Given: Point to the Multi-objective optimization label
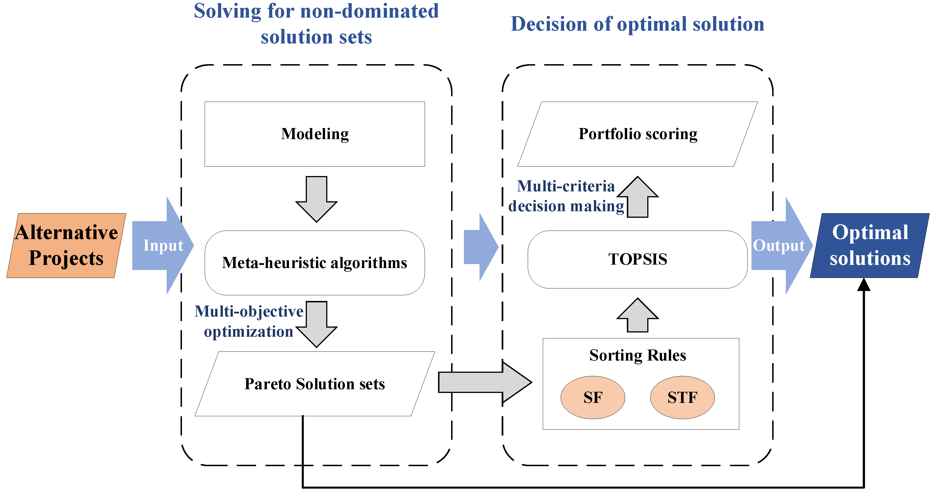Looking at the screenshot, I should [249, 321].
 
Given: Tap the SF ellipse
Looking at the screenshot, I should [592, 397].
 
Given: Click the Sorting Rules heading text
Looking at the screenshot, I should [637, 355].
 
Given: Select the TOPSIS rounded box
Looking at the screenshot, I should [637, 259].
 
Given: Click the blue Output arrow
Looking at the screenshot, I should [780, 246].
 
